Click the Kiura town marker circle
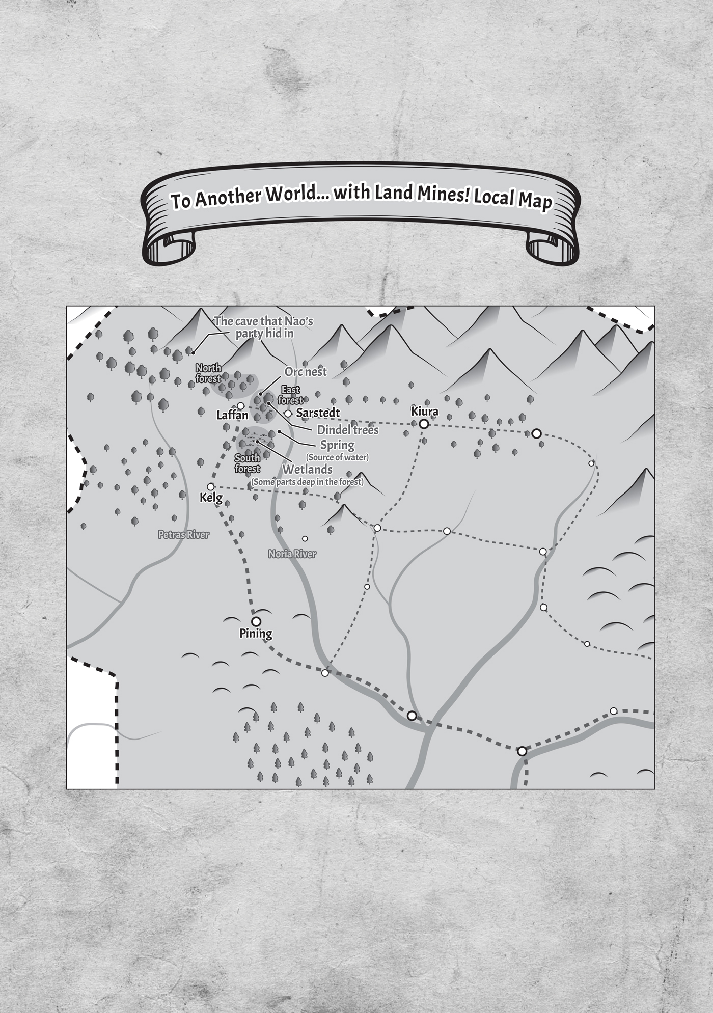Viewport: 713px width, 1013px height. click(424, 424)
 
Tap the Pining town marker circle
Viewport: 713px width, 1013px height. click(256, 621)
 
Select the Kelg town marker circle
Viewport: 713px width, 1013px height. click(210, 487)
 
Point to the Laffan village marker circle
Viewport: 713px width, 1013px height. click(240, 405)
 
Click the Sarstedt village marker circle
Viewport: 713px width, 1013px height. click(288, 413)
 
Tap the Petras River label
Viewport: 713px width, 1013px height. click(183, 535)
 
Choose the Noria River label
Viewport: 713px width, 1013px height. click(292, 554)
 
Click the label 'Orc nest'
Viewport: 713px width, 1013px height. click(306, 372)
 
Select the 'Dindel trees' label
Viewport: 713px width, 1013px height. click(348, 430)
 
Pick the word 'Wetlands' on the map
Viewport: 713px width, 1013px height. click(307, 469)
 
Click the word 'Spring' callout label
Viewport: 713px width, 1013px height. click(337, 445)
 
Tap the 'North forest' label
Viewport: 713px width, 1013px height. click(208, 373)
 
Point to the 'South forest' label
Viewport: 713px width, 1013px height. click(248, 463)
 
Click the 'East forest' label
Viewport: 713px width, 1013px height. click(290, 395)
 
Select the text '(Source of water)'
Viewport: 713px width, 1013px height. click(337, 457)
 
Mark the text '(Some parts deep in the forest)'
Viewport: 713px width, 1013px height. click(307, 482)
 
